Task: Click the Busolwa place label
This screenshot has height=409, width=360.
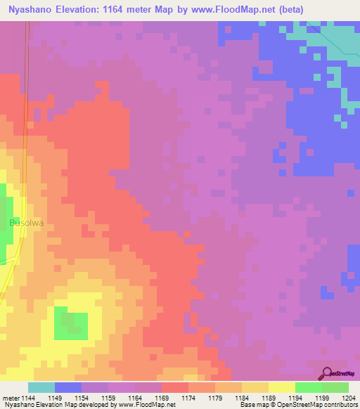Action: coord(26,223)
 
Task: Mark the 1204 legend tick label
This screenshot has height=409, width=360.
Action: coord(349,397)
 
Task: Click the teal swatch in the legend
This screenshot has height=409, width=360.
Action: coord(41,387)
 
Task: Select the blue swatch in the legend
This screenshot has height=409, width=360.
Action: coord(68,387)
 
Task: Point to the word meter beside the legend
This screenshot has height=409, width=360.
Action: coord(11,397)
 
